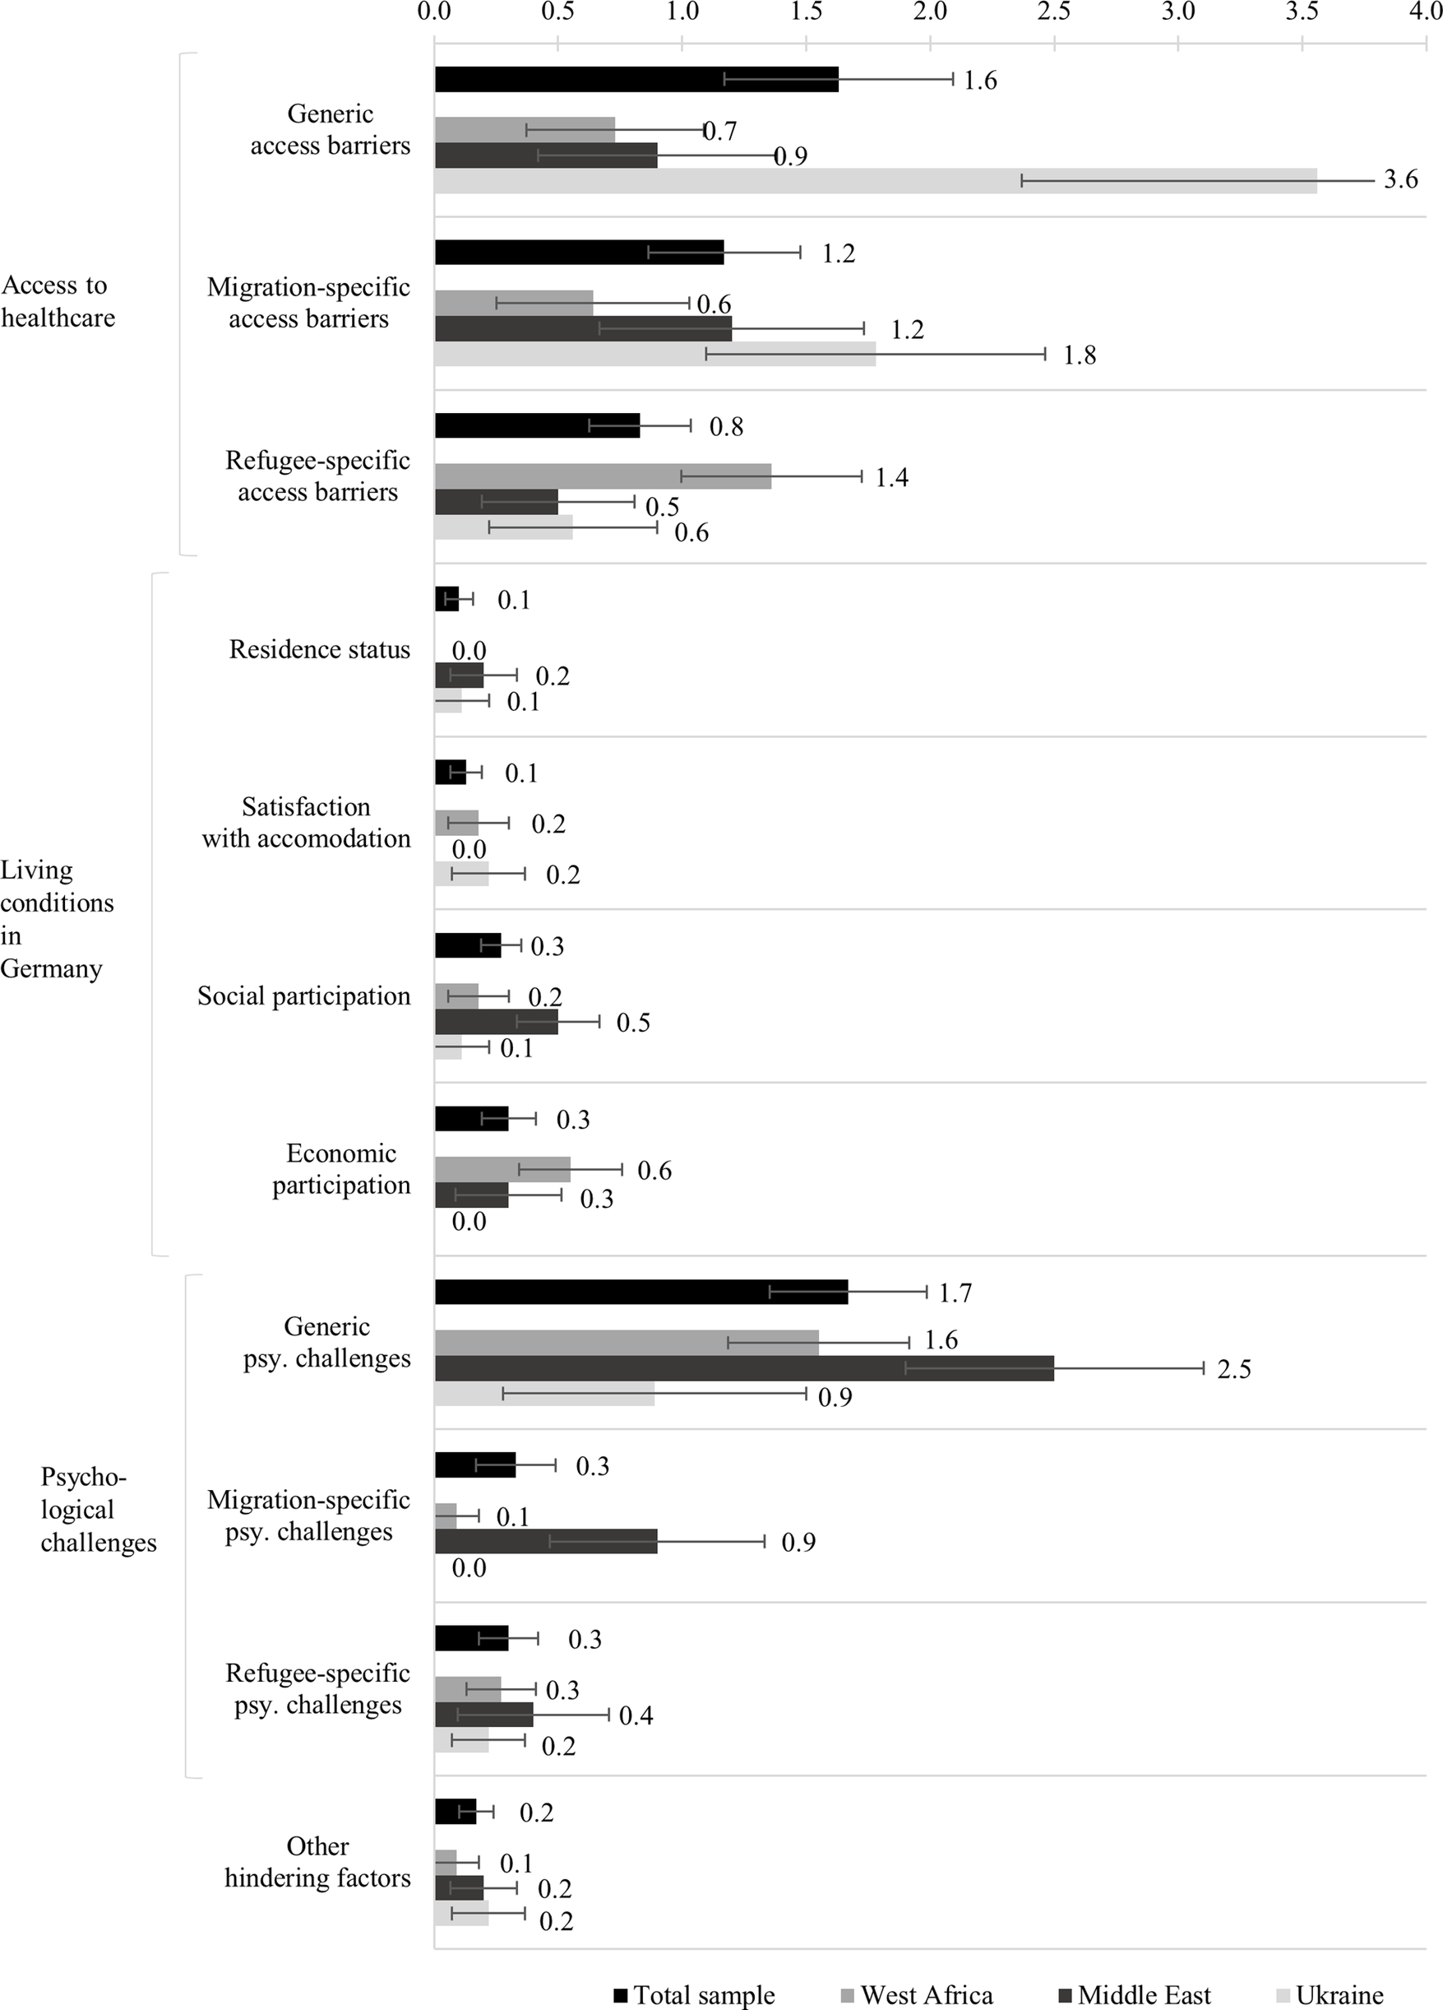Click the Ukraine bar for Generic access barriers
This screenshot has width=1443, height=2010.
875,181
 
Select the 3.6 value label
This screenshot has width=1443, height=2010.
1400,180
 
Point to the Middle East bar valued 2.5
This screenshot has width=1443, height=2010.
744,1368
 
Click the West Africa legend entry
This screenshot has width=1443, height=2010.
916,1995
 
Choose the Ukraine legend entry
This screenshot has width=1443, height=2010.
1329,1995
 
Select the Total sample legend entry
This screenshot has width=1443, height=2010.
694,1995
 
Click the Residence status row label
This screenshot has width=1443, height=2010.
320,650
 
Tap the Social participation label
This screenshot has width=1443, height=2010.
304,996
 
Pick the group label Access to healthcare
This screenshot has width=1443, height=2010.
58,301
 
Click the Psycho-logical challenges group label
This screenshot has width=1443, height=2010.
99,1509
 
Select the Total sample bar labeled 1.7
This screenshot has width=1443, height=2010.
641,1292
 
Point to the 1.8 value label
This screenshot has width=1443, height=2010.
1079,355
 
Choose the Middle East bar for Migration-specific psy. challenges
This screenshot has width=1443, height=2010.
546,1541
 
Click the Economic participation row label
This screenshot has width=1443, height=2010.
341,1169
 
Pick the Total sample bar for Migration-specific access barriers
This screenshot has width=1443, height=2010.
580,253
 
